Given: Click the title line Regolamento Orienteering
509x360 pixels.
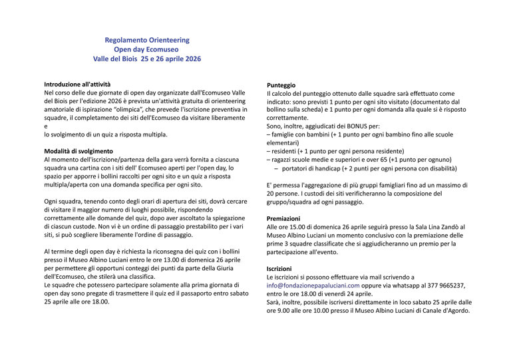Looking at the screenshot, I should click(147, 40).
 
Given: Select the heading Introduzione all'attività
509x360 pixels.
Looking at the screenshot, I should click(77, 85).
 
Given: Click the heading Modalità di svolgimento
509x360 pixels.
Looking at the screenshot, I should click(78, 151).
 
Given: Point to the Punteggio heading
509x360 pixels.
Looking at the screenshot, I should click(281, 86).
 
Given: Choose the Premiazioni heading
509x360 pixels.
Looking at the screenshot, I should click(283, 218).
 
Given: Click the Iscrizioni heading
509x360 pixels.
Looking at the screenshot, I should click(281, 268).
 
